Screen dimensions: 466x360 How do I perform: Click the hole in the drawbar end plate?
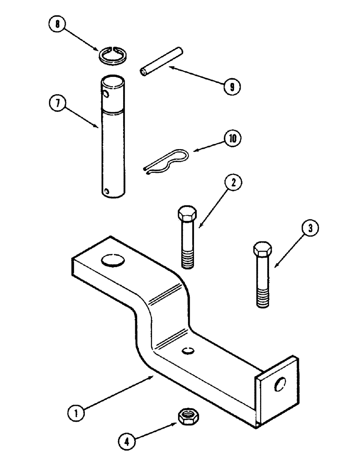click(281, 385)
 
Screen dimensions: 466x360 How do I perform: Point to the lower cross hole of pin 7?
click(107, 191)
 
